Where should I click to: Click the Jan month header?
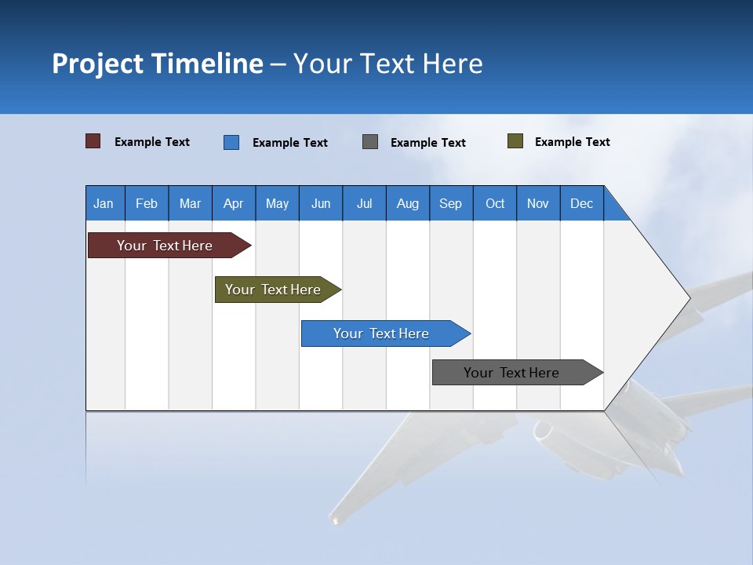104,203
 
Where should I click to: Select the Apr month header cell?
233,203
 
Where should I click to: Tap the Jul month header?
364,203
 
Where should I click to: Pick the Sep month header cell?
450,203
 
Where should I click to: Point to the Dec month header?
581,203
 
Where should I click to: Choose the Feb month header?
147,203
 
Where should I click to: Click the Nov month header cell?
537,203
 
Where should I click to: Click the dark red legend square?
93,141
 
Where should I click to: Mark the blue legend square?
231,142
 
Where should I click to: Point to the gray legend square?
370,142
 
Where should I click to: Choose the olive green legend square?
515,141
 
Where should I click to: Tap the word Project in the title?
96,64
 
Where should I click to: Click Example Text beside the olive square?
572,142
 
